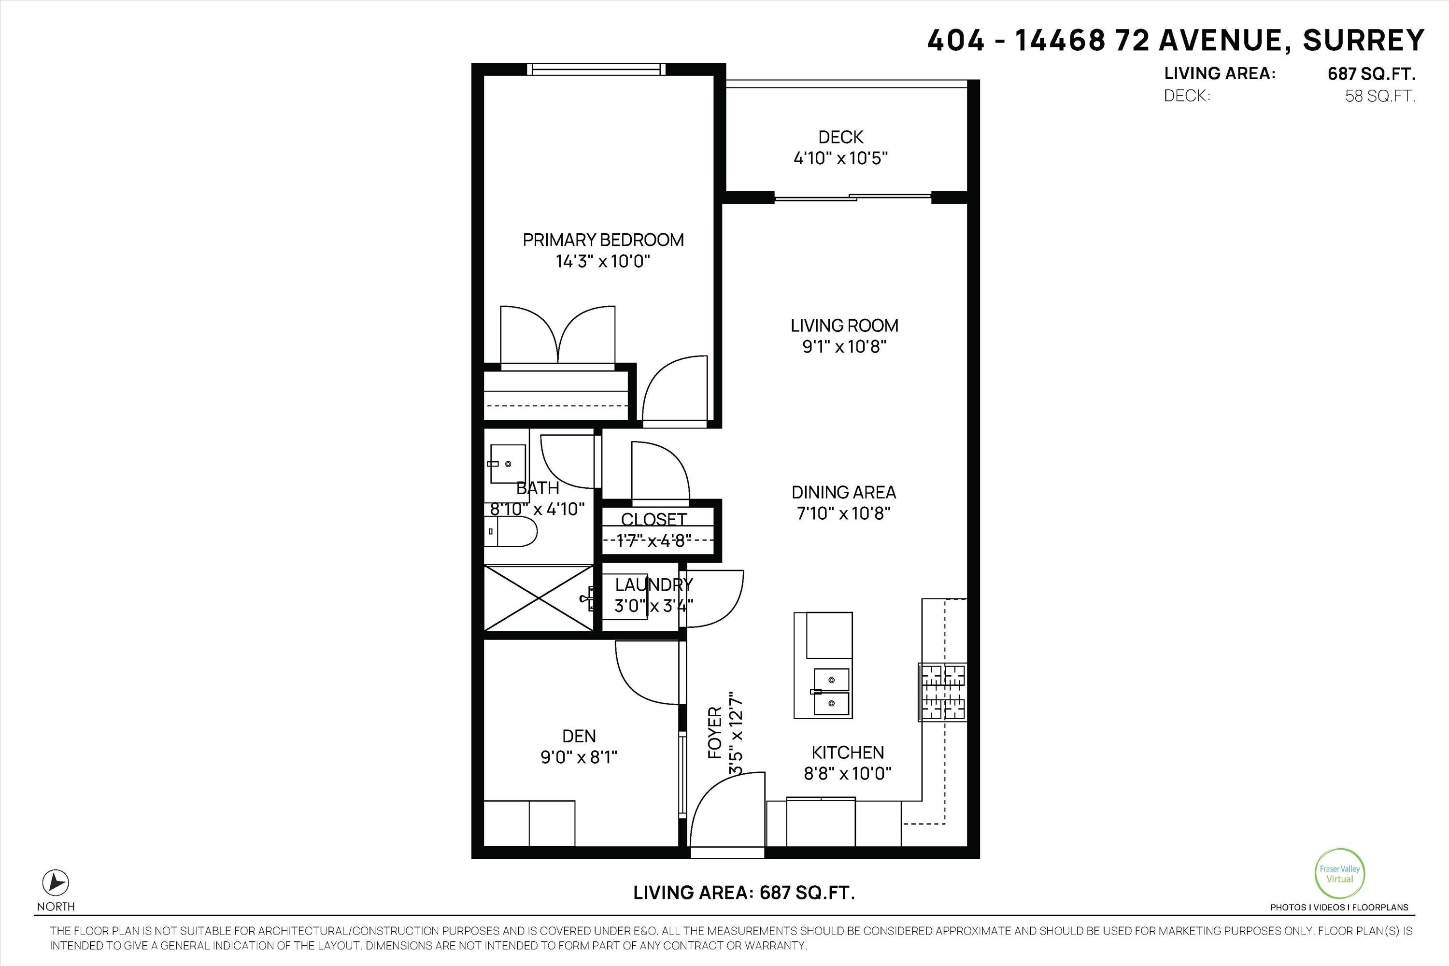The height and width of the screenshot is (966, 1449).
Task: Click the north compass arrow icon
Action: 56,883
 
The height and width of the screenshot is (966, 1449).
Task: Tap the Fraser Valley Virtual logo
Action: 1339,874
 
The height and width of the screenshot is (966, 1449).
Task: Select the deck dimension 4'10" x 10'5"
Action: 840,158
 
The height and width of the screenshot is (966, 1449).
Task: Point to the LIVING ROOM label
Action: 844,325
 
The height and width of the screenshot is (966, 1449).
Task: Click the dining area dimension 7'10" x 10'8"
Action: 843,513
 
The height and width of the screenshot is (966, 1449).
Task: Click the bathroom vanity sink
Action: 508,463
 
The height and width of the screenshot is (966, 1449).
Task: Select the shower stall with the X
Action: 539,597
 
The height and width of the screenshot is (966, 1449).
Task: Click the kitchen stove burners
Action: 943,692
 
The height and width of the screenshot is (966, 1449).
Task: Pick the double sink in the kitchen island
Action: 831,691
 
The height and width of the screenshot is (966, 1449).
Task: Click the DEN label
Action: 579,736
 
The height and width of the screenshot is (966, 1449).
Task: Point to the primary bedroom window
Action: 597,69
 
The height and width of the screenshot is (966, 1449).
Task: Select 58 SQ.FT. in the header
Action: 1380,96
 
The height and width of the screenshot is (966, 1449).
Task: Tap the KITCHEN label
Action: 847,752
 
